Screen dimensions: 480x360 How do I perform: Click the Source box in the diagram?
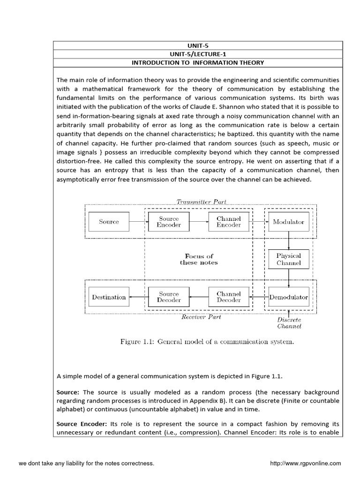(109, 222)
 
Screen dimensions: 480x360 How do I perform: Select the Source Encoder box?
(169, 222)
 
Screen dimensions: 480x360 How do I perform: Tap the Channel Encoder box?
(229, 222)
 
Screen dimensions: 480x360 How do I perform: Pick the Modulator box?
(289, 222)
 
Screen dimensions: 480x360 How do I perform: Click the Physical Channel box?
(289, 259)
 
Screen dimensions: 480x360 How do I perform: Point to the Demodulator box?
(289, 297)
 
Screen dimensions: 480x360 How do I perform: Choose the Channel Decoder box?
(229, 297)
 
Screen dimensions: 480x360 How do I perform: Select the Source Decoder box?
(169, 297)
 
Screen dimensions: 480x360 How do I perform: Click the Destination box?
(109, 297)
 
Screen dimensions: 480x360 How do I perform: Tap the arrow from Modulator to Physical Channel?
(289, 240)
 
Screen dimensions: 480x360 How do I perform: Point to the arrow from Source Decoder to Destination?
(139, 297)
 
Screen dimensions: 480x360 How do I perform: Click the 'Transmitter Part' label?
(201, 202)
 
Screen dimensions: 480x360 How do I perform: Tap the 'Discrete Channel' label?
(289, 323)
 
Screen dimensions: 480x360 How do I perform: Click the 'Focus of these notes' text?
(199, 259)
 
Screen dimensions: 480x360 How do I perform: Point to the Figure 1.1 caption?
(207, 342)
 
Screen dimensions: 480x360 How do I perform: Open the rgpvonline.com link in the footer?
(306, 464)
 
